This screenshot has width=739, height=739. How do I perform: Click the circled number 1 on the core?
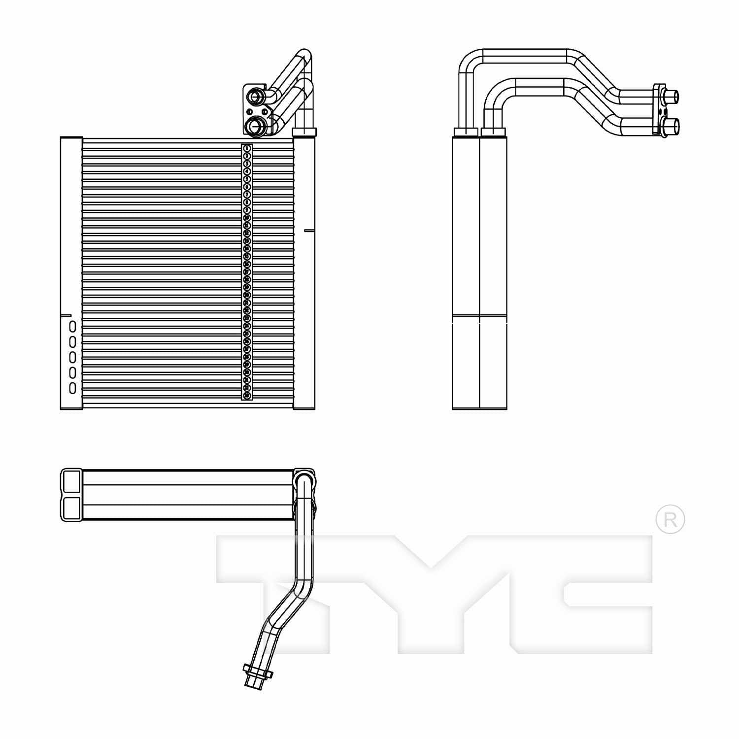pyautogui.click(x=247, y=148)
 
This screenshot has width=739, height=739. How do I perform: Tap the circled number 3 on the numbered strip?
pyautogui.click(x=247, y=164)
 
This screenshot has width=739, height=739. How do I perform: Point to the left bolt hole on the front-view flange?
pyautogui.click(x=249, y=111)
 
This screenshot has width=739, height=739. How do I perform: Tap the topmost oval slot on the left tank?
pyautogui.click(x=72, y=327)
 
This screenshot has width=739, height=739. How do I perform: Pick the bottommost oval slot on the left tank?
pyautogui.click(x=72, y=388)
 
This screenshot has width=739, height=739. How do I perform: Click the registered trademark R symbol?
pyautogui.click(x=670, y=519)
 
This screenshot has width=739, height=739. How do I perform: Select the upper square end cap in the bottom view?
pyautogui.click(x=71, y=480)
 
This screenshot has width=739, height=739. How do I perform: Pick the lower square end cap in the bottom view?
pyautogui.click(x=71, y=508)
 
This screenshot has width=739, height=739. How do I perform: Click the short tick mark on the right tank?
pyautogui.click(x=309, y=230)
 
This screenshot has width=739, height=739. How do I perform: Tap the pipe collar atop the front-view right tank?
pyautogui.click(x=304, y=132)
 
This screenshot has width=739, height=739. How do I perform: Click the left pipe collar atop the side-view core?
pyautogui.click(x=465, y=132)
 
